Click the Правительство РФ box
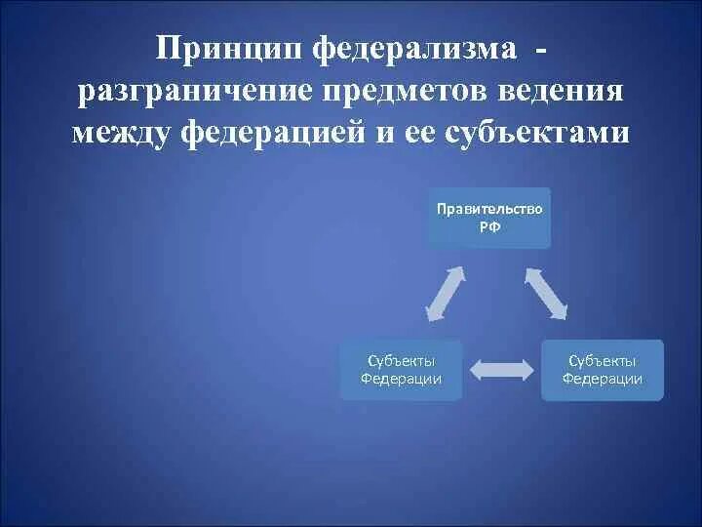[x=488, y=218]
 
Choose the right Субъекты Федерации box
[x=603, y=370]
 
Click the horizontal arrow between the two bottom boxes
[x=502, y=369]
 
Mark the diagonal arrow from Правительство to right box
[x=546, y=293]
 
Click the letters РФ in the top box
[x=489, y=225]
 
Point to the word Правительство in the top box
[x=489, y=209]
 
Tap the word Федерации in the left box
[x=402, y=379]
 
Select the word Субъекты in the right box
[x=603, y=361]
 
